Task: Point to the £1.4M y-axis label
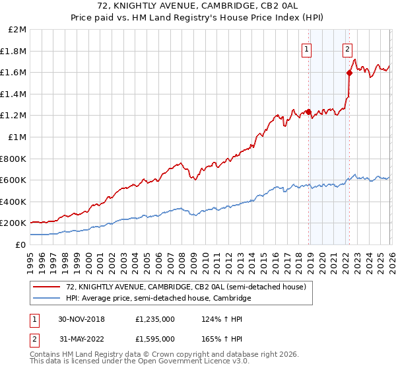pos(14,94)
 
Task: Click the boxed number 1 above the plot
pos(308,48)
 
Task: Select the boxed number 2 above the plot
pos(347,48)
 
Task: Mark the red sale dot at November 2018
pos(308,112)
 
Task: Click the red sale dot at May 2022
pos(349,73)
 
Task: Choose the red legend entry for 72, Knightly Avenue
pos(185,287)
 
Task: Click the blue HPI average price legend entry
pos(158,299)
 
